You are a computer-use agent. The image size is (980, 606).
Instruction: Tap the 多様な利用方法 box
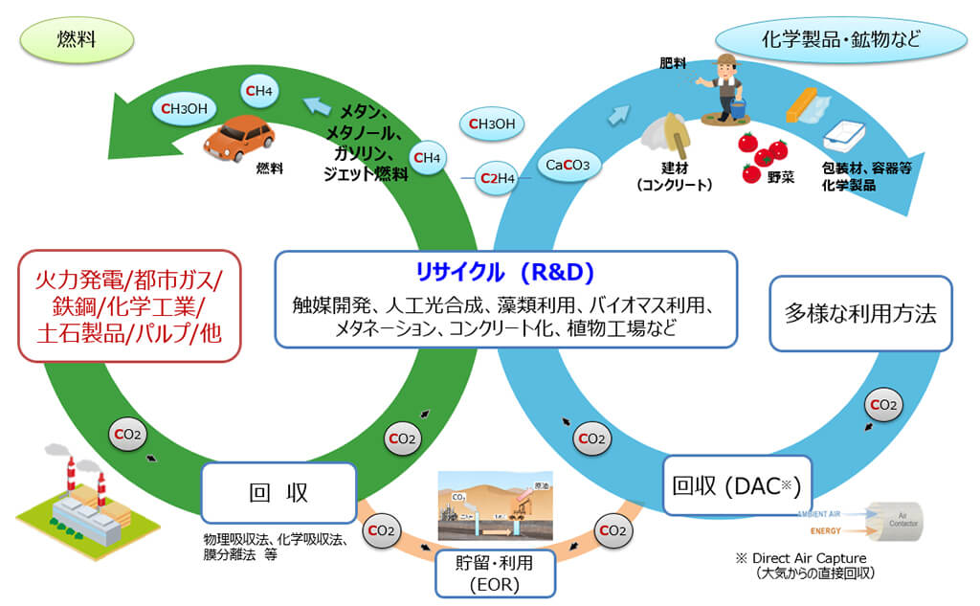(860, 313)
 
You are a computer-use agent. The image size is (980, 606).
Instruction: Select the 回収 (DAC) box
(730, 484)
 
